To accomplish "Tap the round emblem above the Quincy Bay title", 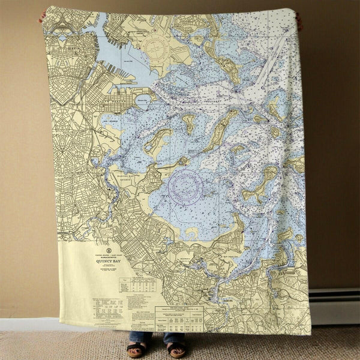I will (109, 249).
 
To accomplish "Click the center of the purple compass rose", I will (185, 187).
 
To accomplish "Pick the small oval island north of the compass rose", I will (189, 124).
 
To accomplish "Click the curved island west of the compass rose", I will (157, 142).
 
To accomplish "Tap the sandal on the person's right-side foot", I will (176, 349).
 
